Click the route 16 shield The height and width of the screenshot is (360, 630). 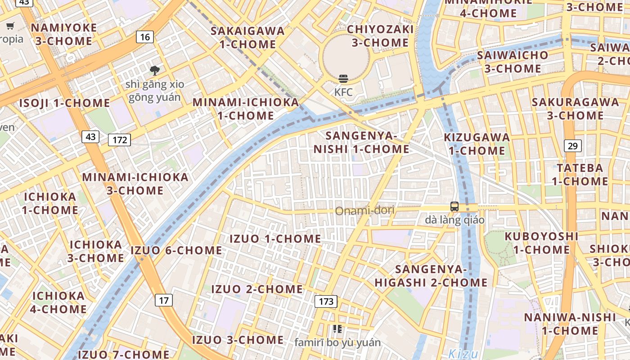pyautogui.click(x=144, y=37)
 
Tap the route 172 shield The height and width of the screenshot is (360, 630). pyautogui.click(x=120, y=140)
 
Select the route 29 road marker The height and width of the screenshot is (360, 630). pyautogui.click(x=572, y=146)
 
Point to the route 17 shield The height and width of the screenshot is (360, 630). pyautogui.click(x=164, y=300)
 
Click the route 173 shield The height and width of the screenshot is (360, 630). pyautogui.click(x=326, y=301)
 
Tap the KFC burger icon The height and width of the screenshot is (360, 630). pyautogui.click(x=343, y=79)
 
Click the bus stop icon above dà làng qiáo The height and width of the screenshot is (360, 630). pyautogui.click(x=454, y=207)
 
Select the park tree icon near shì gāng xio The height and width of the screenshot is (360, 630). pyautogui.click(x=155, y=70)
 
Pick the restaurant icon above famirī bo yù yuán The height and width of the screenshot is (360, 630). pyautogui.click(x=337, y=329)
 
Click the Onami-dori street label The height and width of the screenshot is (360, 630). pyautogui.click(x=365, y=210)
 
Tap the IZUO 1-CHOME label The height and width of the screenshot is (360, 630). pyautogui.click(x=275, y=238)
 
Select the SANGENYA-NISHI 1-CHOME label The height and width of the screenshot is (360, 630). pyautogui.click(x=361, y=142)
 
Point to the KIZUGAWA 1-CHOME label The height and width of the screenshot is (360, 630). pyautogui.click(x=477, y=144)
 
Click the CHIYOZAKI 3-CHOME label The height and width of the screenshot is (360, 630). pyautogui.click(x=380, y=36)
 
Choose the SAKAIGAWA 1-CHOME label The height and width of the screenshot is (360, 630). pyautogui.click(x=247, y=37)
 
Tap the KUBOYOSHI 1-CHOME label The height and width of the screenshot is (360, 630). pyautogui.click(x=541, y=243)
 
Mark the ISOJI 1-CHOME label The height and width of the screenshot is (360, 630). pyautogui.click(x=64, y=103)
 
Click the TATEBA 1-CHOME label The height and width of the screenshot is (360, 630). pyautogui.click(x=580, y=175)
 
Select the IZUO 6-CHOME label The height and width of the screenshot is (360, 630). pyautogui.click(x=176, y=250)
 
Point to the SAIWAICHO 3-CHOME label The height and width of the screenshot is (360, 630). pyautogui.click(x=513, y=62)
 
